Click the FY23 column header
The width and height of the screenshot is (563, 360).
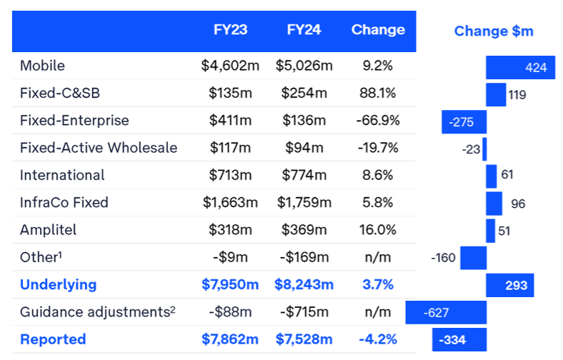point(229,30)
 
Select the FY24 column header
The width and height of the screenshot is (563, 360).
point(303,30)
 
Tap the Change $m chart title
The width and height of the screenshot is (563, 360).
point(494,31)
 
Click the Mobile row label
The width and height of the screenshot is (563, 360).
point(42,66)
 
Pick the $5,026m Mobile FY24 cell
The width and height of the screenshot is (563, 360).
point(304,66)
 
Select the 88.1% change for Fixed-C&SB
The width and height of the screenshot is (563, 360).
point(377,93)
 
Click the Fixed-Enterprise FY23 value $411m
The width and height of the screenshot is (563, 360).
point(229,121)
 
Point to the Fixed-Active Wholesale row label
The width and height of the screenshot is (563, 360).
point(99,148)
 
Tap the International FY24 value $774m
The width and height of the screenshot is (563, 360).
point(304,175)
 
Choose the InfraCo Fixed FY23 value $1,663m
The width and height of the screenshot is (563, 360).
point(229,202)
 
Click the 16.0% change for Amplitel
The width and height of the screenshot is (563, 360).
point(377,230)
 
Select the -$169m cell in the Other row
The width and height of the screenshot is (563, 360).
point(304,257)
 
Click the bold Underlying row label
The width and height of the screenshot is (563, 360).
point(58,284)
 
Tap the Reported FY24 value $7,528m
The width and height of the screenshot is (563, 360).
point(304,339)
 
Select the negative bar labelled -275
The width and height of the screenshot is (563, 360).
point(464,122)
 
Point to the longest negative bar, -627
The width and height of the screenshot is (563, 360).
point(446,312)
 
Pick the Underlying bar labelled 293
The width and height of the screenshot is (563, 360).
point(510,286)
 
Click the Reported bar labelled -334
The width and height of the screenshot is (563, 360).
point(459,340)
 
